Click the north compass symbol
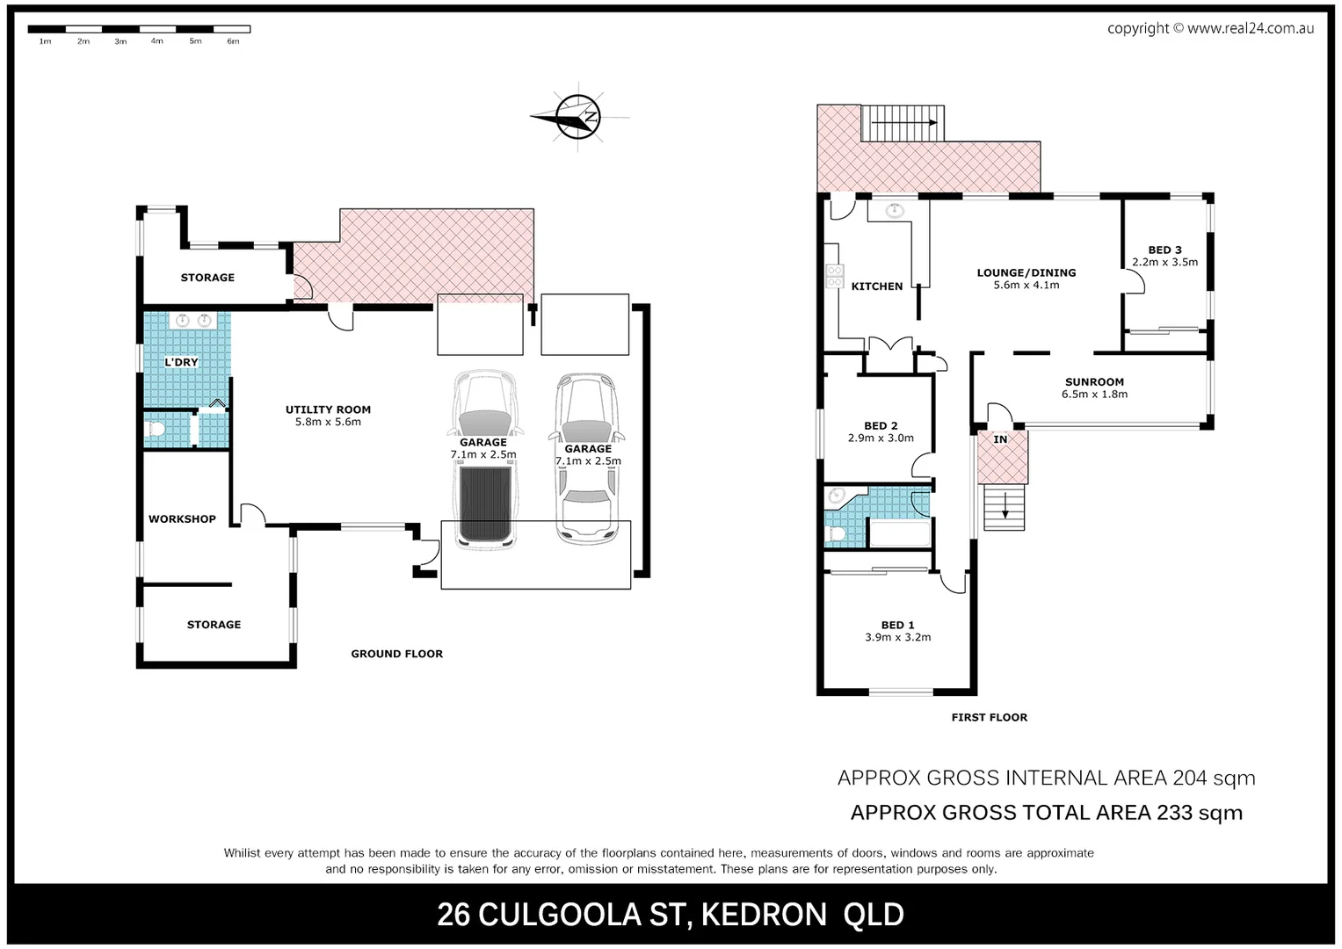[x=577, y=116]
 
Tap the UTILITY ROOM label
[x=328, y=409]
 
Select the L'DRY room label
[x=181, y=362]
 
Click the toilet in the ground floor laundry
[x=157, y=430]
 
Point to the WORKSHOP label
[x=182, y=519]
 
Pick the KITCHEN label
[x=876, y=286]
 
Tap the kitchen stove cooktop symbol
[x=834, y=277]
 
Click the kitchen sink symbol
[x=895, y=210]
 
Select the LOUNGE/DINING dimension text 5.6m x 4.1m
[x=1026, y=286]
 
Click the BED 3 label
[x=1164, y=250]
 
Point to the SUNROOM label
[x=1094, y=382]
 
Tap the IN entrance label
[x=1000, y=439]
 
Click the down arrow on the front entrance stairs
[x=1003, y=507]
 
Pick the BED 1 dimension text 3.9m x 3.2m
[x=897, y=638]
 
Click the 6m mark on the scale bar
[x=233, y=41]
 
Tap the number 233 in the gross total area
[x=1174, y=813]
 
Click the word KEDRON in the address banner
[x=764, y=916]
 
